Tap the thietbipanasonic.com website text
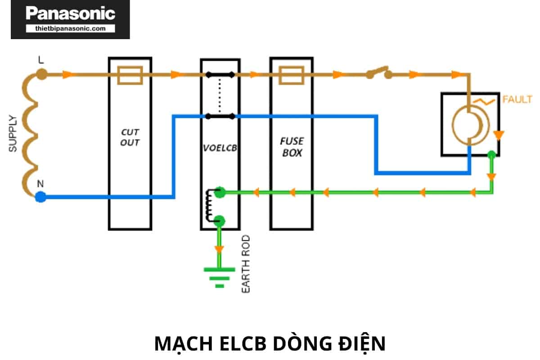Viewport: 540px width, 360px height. pos(71,28)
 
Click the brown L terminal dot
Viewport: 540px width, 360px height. pos(41,74)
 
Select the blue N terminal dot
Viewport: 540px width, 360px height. pos(41,197)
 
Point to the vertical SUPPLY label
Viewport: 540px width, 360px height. pos(13,133)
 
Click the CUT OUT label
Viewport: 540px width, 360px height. pos(130,137)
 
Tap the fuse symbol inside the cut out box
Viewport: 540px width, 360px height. pos(130,75)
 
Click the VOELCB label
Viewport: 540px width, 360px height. pos(220,148)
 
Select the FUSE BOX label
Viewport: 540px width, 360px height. pos(292,147)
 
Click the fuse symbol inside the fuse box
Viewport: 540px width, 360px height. pos(292,75)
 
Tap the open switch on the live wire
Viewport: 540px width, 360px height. pos(378,72)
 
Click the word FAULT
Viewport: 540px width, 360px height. pos(517,100)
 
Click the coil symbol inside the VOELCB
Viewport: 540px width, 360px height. pos(209,206)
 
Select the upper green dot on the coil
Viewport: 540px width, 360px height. pos(220,193)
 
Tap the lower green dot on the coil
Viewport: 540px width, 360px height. pos(220,220)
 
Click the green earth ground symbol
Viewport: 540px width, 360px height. pos(220,276)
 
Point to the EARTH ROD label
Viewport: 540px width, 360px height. pos(246,264)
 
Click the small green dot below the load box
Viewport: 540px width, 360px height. pos(492,154)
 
